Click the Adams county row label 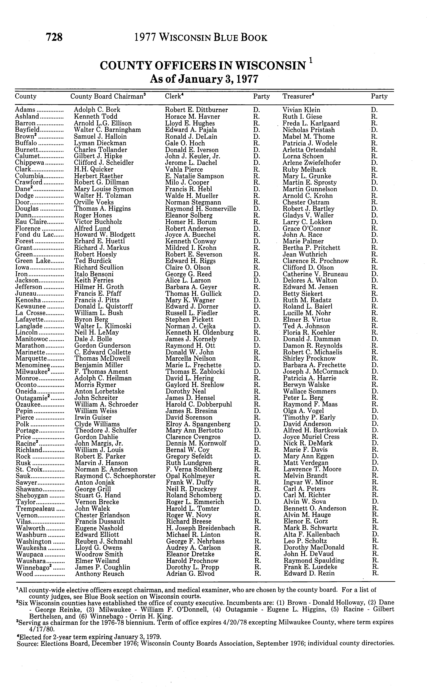tap(25, 110)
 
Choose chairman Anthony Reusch tap(99, 574)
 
